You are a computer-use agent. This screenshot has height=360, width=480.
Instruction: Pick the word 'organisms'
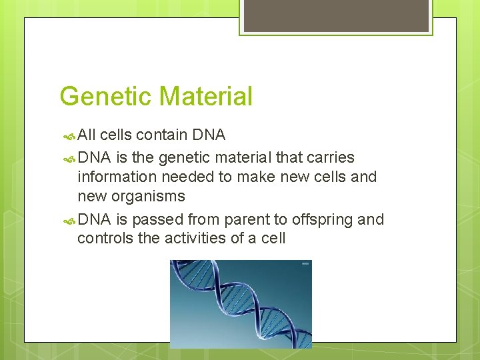(x=150, y=197)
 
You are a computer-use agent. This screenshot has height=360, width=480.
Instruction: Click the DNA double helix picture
(x=240, y=303)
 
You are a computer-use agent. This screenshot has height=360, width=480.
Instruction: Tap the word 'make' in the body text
(x=250, y=177)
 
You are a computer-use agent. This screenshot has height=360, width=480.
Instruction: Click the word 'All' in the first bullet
(x=87, y=135)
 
